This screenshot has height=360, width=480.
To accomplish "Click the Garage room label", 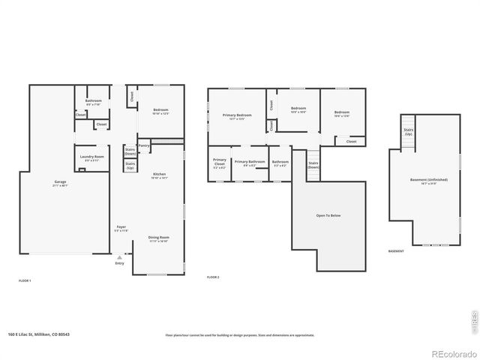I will click(61, 183).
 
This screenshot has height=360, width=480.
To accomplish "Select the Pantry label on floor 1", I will click(144, 145).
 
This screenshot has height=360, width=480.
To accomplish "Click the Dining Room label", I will click(158, 239).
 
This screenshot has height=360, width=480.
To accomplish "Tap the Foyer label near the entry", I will click(121, 228).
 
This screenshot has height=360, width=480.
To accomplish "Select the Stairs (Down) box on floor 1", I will click(130, 150).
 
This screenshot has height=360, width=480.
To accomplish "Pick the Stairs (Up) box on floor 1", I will click(130, 165).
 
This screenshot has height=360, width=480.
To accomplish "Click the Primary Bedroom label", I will click(237, 116).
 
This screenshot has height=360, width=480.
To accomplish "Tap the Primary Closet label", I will click(219, 163).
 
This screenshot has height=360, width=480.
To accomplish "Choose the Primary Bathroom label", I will click(250, 163).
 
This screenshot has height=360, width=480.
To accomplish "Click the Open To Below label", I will click(328, 215).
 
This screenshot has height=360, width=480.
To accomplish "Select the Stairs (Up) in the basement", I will click(408, 131).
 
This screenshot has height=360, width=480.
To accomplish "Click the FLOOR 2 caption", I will click(213, 277).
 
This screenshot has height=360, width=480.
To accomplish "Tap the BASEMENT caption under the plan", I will click(396, 251).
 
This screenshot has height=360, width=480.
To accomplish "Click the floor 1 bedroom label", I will click(161, 112).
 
